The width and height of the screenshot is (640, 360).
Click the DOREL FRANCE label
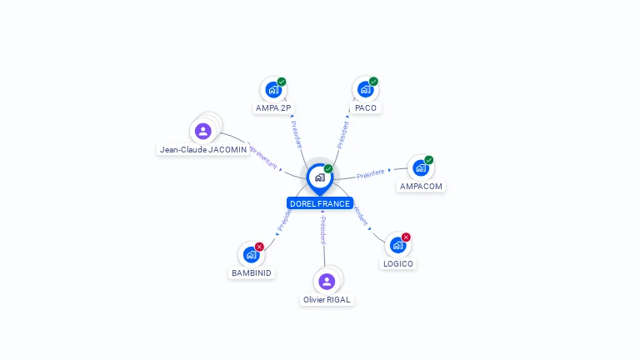click(320, 203)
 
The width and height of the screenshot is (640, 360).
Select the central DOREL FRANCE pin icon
click(319, 177)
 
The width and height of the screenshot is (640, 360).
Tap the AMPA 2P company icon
click(272, 89)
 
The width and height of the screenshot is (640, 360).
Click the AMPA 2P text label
click(273, 107)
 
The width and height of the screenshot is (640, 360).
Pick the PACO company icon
click(364, 89)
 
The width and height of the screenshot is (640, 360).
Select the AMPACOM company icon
click(420, 168)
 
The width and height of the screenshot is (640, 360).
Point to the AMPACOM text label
click(421, 187)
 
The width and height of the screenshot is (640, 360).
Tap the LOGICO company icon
click(397, 245)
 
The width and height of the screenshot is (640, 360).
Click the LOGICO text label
click(398, 263)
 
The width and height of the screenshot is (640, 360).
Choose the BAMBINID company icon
click(250, 255)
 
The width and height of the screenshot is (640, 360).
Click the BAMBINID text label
click(251, 272)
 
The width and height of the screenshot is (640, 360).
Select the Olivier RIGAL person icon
click(327, 282)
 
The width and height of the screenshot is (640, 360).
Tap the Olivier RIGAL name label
click(327, 299)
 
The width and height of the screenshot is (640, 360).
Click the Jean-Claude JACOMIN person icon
click(202, 131)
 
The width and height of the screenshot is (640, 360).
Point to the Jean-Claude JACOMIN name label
click(203, 150)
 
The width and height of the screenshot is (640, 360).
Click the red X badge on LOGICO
click(406, 237)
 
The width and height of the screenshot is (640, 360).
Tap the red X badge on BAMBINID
click(259, 247)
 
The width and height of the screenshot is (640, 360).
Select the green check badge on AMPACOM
click(428, 160)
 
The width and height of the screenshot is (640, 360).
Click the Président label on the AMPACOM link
click(371, 174)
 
